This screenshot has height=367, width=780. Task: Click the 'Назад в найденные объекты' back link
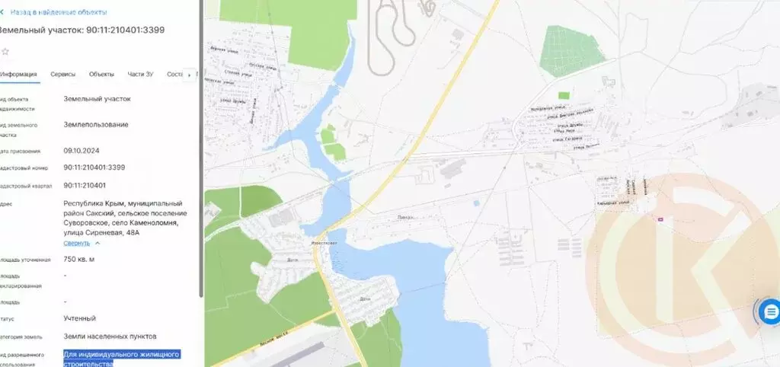click(57, 12)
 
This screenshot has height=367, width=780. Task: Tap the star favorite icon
click(5, 51)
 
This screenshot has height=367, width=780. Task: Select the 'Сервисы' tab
click(62, 74)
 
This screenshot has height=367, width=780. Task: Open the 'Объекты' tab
click(101, 74)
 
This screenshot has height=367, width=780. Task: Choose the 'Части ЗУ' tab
click(140, 74)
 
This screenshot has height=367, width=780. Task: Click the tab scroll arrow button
click(188, 75)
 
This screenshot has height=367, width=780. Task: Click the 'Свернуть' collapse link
click(77, 243)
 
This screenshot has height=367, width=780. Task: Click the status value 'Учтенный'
click(80, 318)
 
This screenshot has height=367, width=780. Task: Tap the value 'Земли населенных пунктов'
click(110, 336)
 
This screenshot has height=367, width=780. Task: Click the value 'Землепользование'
click(96, 124)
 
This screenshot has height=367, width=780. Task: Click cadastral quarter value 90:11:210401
click(85, 185)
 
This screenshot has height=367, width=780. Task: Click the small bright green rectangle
click(563, 95)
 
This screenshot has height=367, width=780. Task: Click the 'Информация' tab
click(19, 74)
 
